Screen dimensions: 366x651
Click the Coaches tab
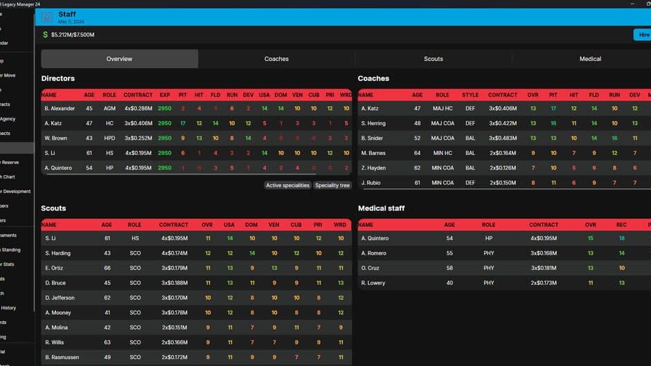(x=276, y=59)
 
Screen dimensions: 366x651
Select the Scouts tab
(x=434, y=59)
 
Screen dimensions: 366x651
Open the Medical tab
(x=590, y=59)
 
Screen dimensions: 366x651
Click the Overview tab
(x=119, y=59)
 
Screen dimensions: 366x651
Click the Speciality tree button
(x=332, y=185)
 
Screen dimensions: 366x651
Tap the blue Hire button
(x=643, y=35)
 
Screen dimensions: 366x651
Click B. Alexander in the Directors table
(x=60, y=109)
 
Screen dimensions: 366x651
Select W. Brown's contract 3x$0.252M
(x=139, y=138)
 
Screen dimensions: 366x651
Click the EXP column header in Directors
(x=165, y=95)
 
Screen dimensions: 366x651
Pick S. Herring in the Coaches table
(x=373, y=123)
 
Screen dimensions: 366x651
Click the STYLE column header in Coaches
(x=470, y=95)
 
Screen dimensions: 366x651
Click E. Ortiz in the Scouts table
(x=55, y=268)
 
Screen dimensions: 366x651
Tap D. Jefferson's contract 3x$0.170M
(x=174, y=298)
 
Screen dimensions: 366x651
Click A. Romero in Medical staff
(x=374, y=253)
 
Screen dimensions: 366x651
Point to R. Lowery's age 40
(x=449, y=283)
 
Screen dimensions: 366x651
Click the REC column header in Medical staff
(x=621, y=225)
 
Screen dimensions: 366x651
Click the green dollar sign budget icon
(x=46, y=35)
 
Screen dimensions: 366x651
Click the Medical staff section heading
(x=381, y=208)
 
